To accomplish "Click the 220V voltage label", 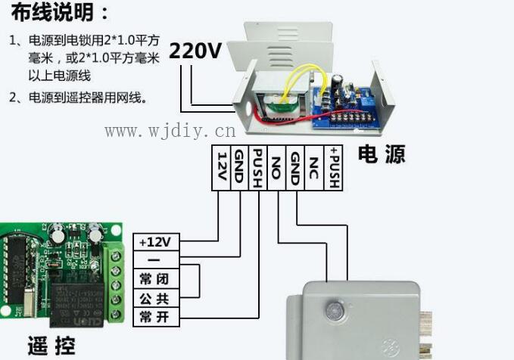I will coord(195,51).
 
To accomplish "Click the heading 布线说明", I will coord(60,12).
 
